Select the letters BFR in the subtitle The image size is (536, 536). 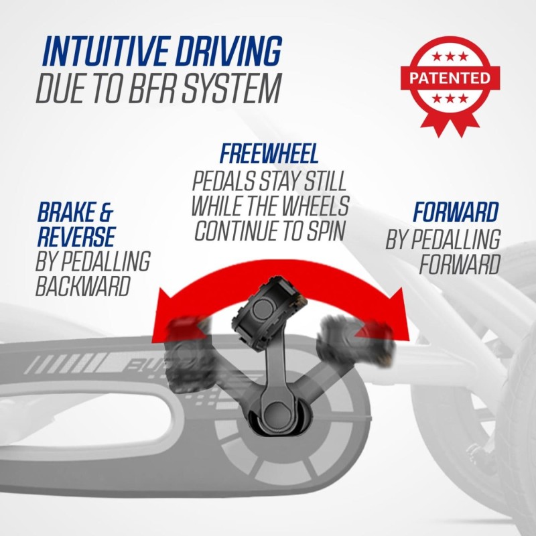[x=152, y=88]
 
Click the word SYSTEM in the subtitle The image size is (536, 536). [x=231, y=88]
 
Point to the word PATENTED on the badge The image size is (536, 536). [x=450, y=78]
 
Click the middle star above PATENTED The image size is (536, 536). [x=450, y=56]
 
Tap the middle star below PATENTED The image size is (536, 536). [x=450, y=98]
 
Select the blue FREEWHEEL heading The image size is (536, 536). [x=269, y=153]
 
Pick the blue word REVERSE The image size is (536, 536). [x=76, y=237]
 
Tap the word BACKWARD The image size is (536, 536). [x=83, y=286]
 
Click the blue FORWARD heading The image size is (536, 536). [x=456, y=212]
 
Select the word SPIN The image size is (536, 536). [x=325, y=230]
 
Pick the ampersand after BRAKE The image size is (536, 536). [x=106, y=212]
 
